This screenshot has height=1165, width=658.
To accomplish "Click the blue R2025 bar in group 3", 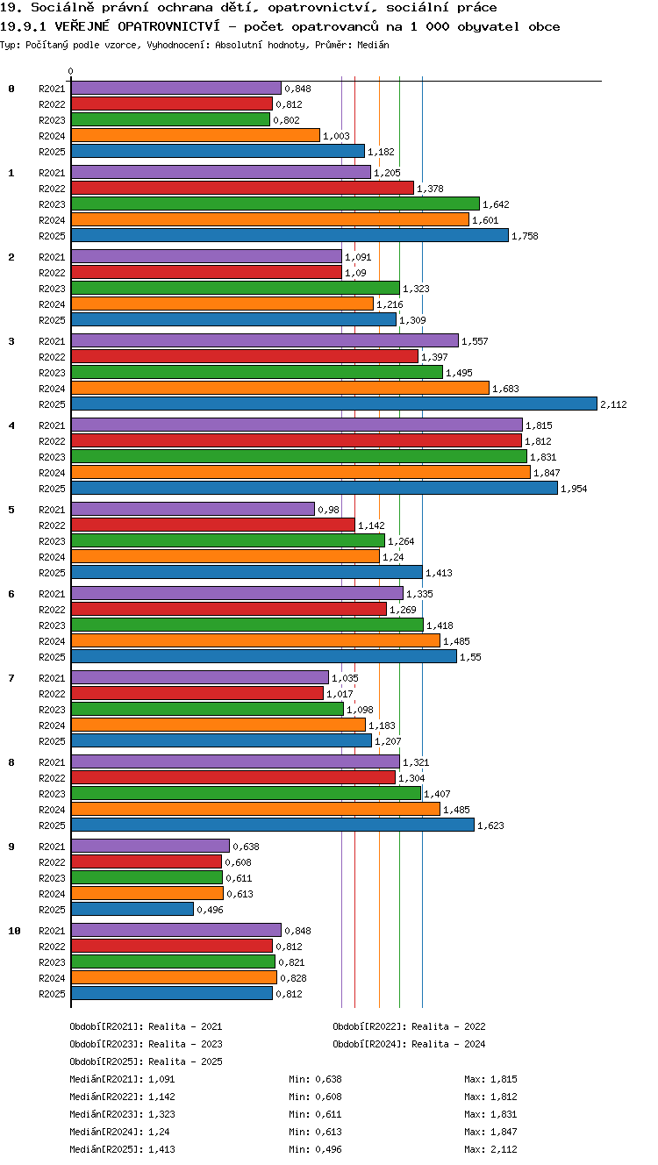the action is [x=334, y=404].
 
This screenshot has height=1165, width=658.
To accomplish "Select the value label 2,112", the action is [x=613, y=404].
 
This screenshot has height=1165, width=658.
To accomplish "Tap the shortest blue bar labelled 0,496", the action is [x=132, y=909].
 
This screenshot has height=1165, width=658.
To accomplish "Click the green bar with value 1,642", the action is [x=275, y=204].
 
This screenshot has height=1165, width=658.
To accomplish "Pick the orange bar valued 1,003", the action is [x=195, y=136].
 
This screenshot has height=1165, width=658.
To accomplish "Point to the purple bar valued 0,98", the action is [x=193, y=509].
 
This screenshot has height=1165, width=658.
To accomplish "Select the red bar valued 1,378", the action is [x=242, y=189].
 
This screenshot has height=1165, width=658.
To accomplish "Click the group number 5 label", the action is [x=11, y=510].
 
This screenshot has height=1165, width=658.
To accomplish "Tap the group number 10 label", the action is [x=14, y=931].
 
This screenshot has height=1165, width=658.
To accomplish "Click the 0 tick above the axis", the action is [x=71, y=71].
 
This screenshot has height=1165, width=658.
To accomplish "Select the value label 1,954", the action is [x=574, y=489].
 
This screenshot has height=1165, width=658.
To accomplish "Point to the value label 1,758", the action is [x=525, y=236].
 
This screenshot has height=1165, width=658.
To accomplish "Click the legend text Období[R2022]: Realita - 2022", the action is [x=409, y=1026].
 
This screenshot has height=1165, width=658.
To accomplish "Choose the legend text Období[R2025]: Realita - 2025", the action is [x=146, y=1061].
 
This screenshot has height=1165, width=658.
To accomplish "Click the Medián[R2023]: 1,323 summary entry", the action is [x=122, y=1114].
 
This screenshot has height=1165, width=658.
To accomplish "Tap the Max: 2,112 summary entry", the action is [x=490, y=1149].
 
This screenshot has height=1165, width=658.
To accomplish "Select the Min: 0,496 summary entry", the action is [x=315, y=1149].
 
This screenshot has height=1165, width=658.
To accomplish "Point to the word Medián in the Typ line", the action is [x=373, y=45].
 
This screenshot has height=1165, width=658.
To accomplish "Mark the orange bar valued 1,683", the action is [x=280, y=388].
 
